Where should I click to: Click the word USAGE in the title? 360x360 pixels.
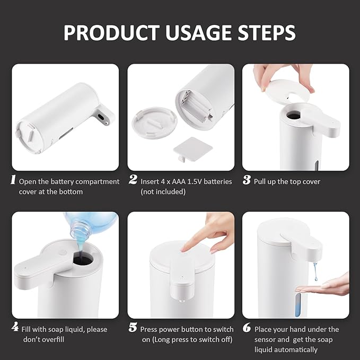180,32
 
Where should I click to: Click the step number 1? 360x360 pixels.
13,180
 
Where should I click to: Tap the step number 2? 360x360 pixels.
133,180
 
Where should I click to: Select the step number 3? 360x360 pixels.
247,180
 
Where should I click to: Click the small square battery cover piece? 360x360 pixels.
189,151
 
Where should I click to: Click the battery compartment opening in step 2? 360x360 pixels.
193,103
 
